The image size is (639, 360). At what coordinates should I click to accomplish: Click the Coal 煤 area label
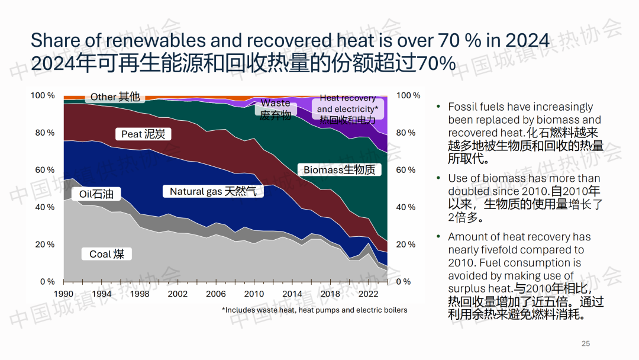[x=106, y=254]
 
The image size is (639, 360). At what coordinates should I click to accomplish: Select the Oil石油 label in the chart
[x=99, y=194]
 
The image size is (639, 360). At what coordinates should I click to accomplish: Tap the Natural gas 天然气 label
[x=213, y=191]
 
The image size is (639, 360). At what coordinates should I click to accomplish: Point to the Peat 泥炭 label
[x=146, y=134]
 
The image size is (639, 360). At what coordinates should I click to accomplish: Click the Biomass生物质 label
[x=339, y=170]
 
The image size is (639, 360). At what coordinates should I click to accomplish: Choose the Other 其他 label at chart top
[x=115, y=97]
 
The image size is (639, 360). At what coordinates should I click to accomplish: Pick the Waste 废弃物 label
[x=275, y=109]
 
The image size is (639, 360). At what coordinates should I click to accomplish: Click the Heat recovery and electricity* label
[x=347, y=109]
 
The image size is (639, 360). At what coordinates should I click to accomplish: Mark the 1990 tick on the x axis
[x=63, y=294]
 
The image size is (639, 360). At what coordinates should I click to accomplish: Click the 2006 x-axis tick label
[x=216, y=294]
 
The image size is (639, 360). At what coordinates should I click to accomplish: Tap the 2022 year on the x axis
[x=368, y=294]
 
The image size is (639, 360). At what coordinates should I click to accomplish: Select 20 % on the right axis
[x=406, y=245]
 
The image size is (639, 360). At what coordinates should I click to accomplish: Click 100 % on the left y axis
[x=43, y=95]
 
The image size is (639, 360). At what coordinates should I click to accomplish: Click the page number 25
[x=586, y=343]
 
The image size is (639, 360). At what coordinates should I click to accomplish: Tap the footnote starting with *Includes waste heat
[x=314, y=310]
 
